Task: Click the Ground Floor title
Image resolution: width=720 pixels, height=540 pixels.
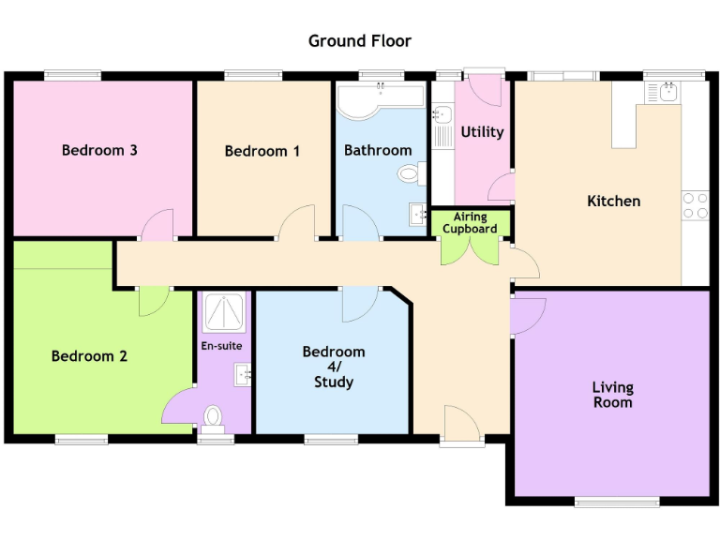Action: tap(360, 41)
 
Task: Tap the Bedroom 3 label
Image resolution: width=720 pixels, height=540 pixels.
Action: tap(99, 150)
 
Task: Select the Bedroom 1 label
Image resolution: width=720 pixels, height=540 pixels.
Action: tap(262, 151)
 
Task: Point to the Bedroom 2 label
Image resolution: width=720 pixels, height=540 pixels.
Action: tap(89, 356)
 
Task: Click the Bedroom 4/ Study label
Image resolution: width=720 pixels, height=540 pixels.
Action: tap(334, 367)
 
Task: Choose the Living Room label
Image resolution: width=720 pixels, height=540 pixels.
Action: tap(612, 395)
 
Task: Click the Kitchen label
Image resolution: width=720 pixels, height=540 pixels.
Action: tap(613, 201)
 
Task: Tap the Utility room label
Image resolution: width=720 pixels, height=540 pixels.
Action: tap(482, 132)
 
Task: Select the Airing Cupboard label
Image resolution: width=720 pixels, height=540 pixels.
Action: tap(470, 223)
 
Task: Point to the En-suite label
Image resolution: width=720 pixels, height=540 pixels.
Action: tap(221, 346)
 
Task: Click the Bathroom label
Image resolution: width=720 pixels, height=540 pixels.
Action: tap(378, 150)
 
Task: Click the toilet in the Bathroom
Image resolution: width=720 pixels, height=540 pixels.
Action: tap(410, 173)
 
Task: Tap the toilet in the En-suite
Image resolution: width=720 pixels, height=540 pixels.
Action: tap(214, 415)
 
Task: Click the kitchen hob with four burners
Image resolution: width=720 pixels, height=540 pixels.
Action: tap(695, 205)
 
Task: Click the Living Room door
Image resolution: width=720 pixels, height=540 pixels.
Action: tap(528, 315)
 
